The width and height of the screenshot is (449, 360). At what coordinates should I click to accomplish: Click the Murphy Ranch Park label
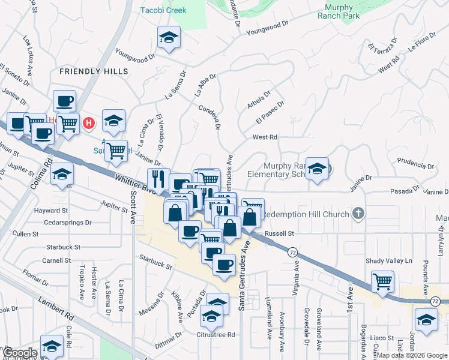pos(342,11)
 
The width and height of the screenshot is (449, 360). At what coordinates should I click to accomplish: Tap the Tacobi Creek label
pos(163,10)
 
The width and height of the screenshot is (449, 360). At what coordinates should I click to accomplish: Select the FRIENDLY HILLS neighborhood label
pos(94,71)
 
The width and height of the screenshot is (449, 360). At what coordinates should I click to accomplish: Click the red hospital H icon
pos(89,124)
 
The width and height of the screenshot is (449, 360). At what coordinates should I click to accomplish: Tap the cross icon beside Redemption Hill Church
pos(358,214)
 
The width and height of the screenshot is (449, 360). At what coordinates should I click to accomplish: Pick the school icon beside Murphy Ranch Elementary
pos(317,170)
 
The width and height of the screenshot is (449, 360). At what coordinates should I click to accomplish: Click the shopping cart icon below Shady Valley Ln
pos(382,281)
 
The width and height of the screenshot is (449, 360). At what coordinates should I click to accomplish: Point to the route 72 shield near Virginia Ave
pos(292,252)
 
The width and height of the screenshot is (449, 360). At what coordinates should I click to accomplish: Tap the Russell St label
pos(279,233)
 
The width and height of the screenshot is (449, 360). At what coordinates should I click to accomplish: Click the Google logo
pos(19,353)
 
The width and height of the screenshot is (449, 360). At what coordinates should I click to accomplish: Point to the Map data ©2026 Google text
pos(412,355)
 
